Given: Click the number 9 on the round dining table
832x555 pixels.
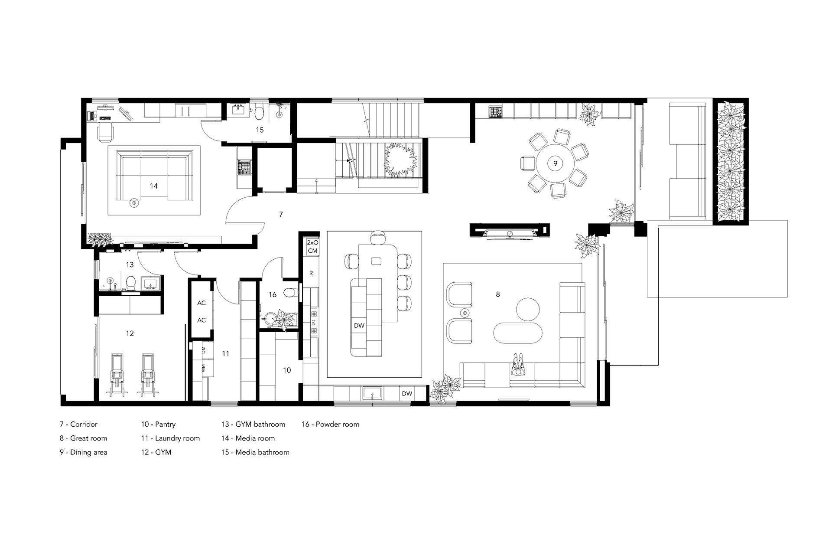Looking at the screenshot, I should pos(555,163).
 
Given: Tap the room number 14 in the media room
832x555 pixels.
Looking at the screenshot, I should pos(153,186).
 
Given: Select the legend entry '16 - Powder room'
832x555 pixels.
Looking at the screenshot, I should pos(331,424).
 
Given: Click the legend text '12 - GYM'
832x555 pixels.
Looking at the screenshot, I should pos(156,452).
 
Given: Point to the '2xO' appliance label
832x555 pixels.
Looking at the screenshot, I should pos(312,243).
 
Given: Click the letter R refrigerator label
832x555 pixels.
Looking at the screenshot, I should pos(311,274).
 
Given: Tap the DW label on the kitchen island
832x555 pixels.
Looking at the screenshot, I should pos(359,326).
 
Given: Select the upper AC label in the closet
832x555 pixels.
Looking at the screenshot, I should pos(201,303).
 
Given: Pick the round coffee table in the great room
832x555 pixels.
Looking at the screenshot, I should pos(528,309).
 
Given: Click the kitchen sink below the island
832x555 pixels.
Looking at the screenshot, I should pos(372,394).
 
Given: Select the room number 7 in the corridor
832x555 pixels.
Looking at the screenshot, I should pos(281,214).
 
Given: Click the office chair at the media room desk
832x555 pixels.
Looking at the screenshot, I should pos(105,132).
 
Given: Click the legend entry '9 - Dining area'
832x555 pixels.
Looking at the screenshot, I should pos(84,452).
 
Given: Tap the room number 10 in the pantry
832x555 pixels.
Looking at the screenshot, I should pos(287,370).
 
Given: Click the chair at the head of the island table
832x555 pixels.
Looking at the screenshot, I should pos(378,237).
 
